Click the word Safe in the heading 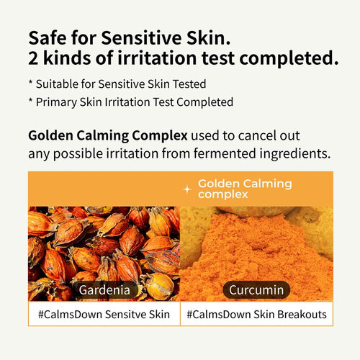[x=48, y=37]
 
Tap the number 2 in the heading [x=34, y=58]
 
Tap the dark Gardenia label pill [x=104, y=289]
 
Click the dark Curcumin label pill [x=256, y=289]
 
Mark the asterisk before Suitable [x=32, y=83]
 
